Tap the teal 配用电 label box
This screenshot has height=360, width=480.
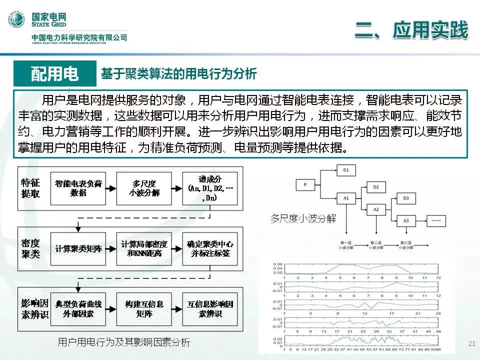pyautogui.click(x=55, y=74)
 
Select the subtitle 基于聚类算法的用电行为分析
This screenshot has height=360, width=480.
pyautogui.click(x=179, y=74)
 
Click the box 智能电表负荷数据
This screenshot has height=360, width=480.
pyautogui.click(x=78, y=188)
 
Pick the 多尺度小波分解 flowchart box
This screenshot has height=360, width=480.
pyautogui.click(x=144, y=188)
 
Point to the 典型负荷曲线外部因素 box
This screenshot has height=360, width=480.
pyautogui.click(x=78, y=308)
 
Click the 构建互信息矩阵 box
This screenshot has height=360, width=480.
pyautogui.click(x=144, y=308)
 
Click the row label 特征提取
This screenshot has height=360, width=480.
pyautogui.click(x=30, y=188)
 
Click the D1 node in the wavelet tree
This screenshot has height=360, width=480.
pyautogui.click(x=346, y=171)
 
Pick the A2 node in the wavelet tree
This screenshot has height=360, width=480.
pyautogui.click(x=376, y=209)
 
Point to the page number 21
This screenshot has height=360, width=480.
pyautogui.click(x=470, y=343)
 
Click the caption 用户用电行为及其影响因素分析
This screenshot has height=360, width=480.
pyautogui.click(x=124, y=342)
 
